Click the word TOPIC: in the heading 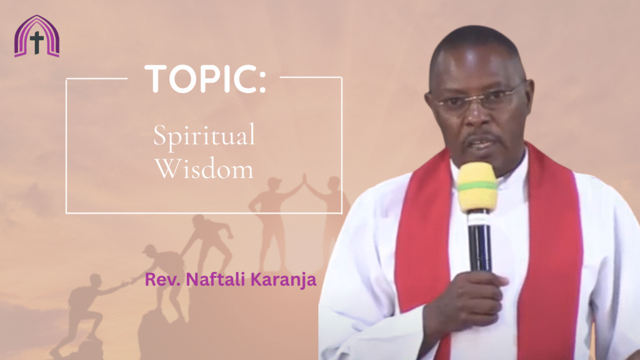click(205, 79)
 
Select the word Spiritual click(204, 136)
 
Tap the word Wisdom click(204, 169)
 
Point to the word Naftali click(215, 279)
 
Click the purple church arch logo click(37, 36)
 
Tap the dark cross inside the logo click(37, 42)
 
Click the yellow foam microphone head click(477, 187)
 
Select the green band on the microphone click(477, 186)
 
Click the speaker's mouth click(481, 144)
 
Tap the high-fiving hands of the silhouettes click(303, 179)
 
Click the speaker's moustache click(481, 137)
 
